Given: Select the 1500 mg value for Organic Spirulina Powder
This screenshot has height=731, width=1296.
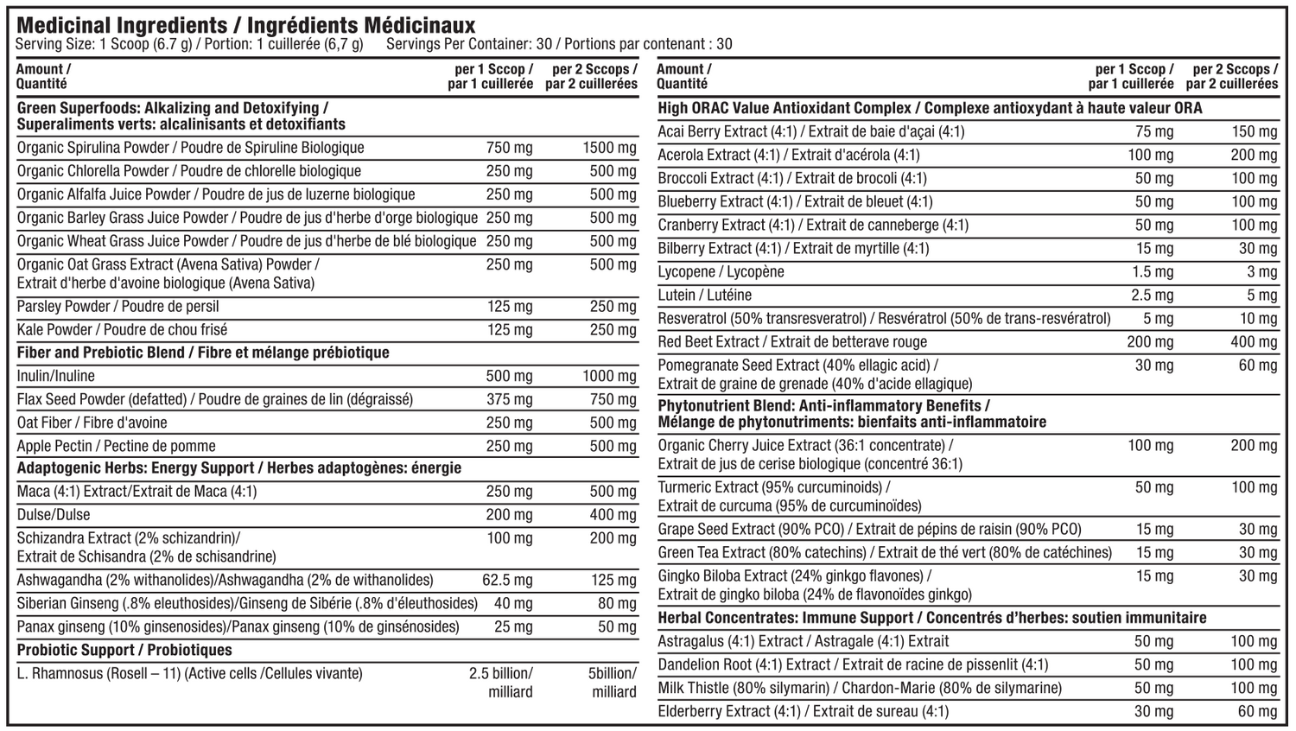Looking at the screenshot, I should (x=609, y=148).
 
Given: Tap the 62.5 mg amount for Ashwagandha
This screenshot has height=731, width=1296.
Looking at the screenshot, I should (x=507, y=580).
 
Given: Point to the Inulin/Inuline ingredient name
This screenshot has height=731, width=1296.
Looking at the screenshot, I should (x=56, y=376).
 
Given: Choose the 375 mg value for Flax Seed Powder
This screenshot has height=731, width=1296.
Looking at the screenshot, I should (x=510, y=399).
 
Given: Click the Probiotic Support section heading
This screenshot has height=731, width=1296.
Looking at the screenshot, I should (x=124, y=650).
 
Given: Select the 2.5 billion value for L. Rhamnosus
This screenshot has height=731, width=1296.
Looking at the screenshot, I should (x=501, y=674).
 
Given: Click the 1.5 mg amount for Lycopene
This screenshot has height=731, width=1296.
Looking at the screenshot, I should (x=1153, y=271).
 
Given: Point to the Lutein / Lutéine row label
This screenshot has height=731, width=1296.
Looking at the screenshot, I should (x=705, y=295).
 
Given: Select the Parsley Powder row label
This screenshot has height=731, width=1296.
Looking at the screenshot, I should (x=118, y=306).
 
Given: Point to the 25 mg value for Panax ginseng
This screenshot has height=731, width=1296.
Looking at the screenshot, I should (x=513, y=626).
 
